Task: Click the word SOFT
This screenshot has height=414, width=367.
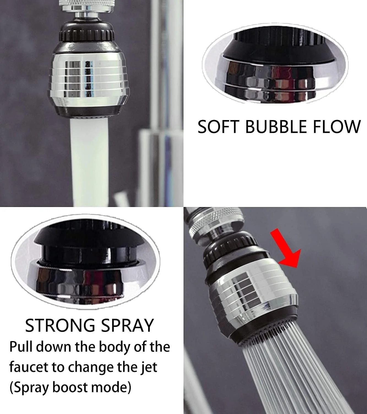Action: pyautogui.click(x=218, y=127)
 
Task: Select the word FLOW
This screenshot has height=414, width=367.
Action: pyautogui.click(x=337, y=127)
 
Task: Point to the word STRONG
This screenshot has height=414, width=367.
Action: pyautogui.click(x=60, y=326)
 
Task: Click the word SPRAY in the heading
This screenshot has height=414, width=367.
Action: pyautogui.click(x=127, y=326)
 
